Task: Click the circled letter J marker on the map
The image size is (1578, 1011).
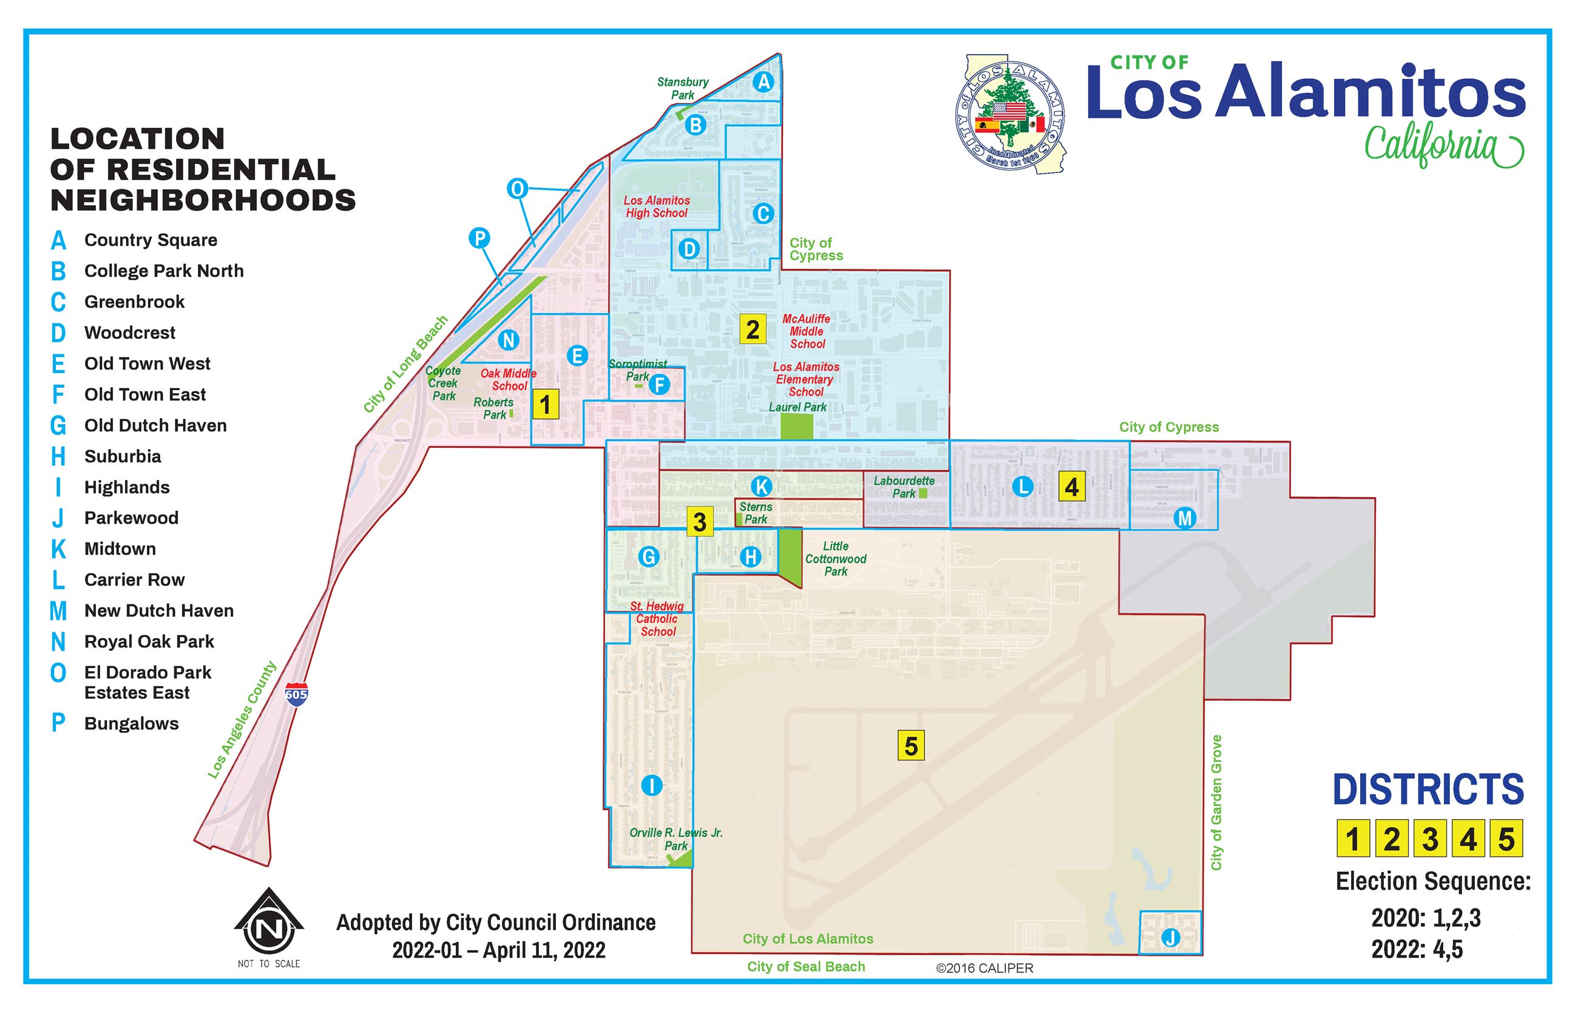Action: coord(1170,938)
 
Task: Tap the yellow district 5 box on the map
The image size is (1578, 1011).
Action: coord(910,746)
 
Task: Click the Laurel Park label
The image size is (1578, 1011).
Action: coord(797,407)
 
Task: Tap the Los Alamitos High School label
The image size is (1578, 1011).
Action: coord(657,207)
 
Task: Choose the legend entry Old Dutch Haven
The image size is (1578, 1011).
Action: coord(155,425)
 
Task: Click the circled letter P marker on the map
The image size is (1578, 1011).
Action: coord(479,238)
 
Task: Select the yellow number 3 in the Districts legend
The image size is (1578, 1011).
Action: coord(1430,839)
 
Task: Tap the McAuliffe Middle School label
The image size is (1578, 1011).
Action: coord(807,331)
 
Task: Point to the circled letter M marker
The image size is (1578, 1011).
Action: coord(1185,518)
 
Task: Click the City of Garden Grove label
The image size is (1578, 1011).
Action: coord(1216,802)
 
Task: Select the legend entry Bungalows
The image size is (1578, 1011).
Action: coord(131,723)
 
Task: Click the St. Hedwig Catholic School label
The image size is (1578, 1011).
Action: coord(657,618)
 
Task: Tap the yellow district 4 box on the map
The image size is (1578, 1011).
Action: coord(1071,487)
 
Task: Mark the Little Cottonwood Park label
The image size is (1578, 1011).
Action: coord(836,559)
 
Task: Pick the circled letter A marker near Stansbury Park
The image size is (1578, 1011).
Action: coord(763,81)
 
